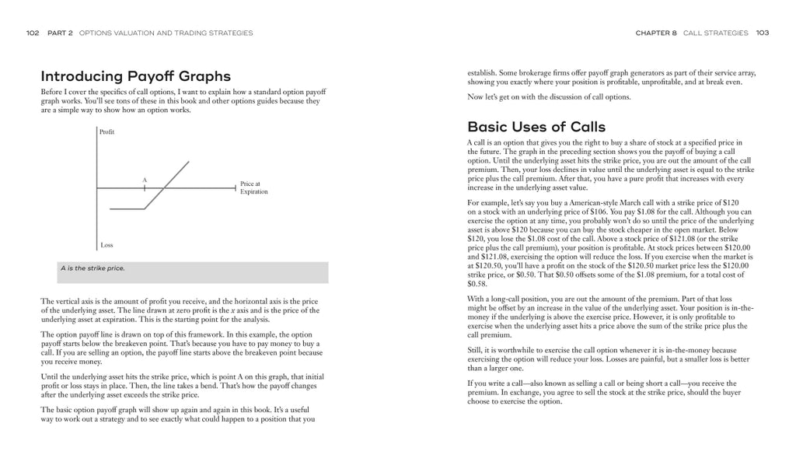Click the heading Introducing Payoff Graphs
[x=135, y=76]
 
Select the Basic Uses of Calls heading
[x=536, y=127]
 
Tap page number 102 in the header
[x=33, y=33]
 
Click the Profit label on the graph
[x=106, y=132]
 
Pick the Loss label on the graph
[x=106, y=245]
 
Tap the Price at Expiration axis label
[x=253, y=188]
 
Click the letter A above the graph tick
[x=144, y=180]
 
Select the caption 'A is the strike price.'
[x=93, y=268]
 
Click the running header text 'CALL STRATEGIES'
[x=715, y=33]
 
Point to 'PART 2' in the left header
[x=60, y=33]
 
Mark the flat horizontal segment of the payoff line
[x=127, y=208]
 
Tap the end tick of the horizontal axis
[x=235, y=187]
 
